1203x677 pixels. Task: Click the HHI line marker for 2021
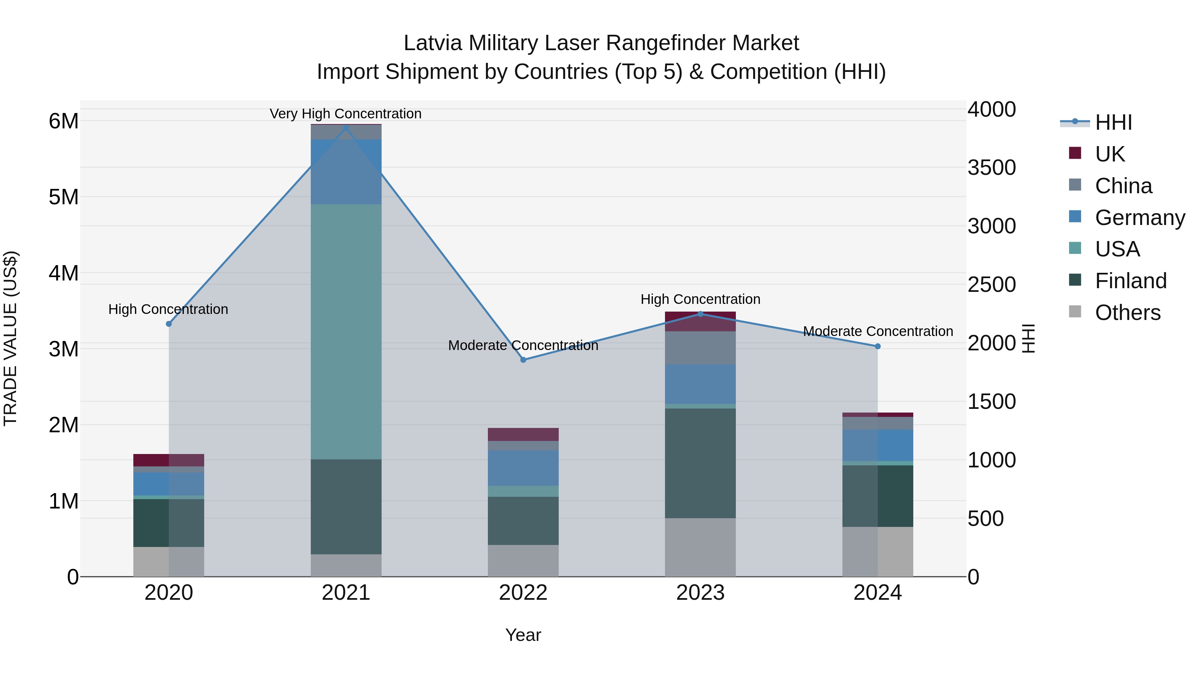point(346,128)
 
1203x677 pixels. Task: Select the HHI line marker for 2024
point(878,346)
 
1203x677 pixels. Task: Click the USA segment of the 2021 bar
point(346,332)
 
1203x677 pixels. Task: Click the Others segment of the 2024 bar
point(878,551)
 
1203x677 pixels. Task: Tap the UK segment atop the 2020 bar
point(169,460)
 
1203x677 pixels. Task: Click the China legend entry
point(1123,186)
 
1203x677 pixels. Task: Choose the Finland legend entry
point(1130,281)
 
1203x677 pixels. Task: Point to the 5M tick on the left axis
point(63,197)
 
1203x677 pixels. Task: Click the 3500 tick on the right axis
point(991,168)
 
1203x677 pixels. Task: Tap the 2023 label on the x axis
point(700,592)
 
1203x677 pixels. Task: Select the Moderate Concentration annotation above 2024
point(878,331)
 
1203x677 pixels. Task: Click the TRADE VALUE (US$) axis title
point(10,338)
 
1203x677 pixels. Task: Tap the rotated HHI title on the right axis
point(1028,338)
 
